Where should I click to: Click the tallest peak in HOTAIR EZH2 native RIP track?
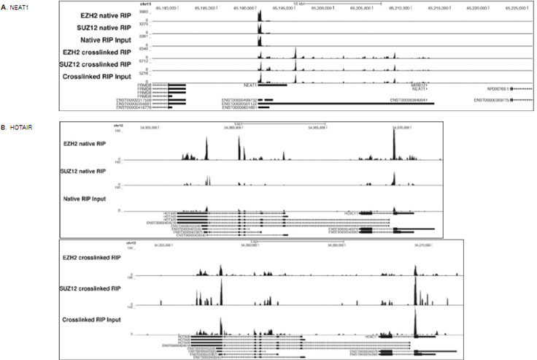394,146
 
